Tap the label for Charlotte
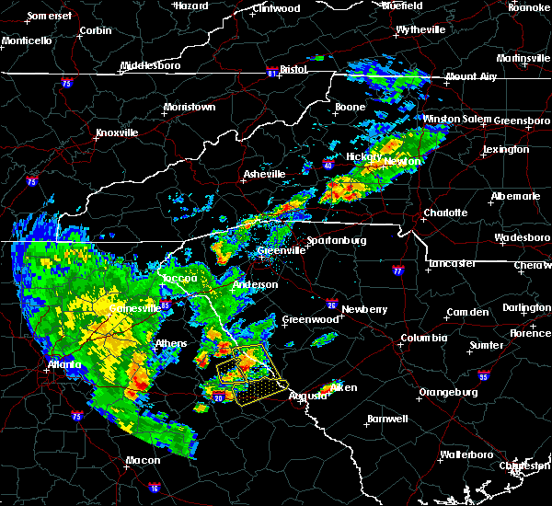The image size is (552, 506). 445,213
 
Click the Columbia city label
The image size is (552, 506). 423,338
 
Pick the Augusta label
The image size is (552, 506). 307,396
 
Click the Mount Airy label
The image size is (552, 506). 473,76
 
